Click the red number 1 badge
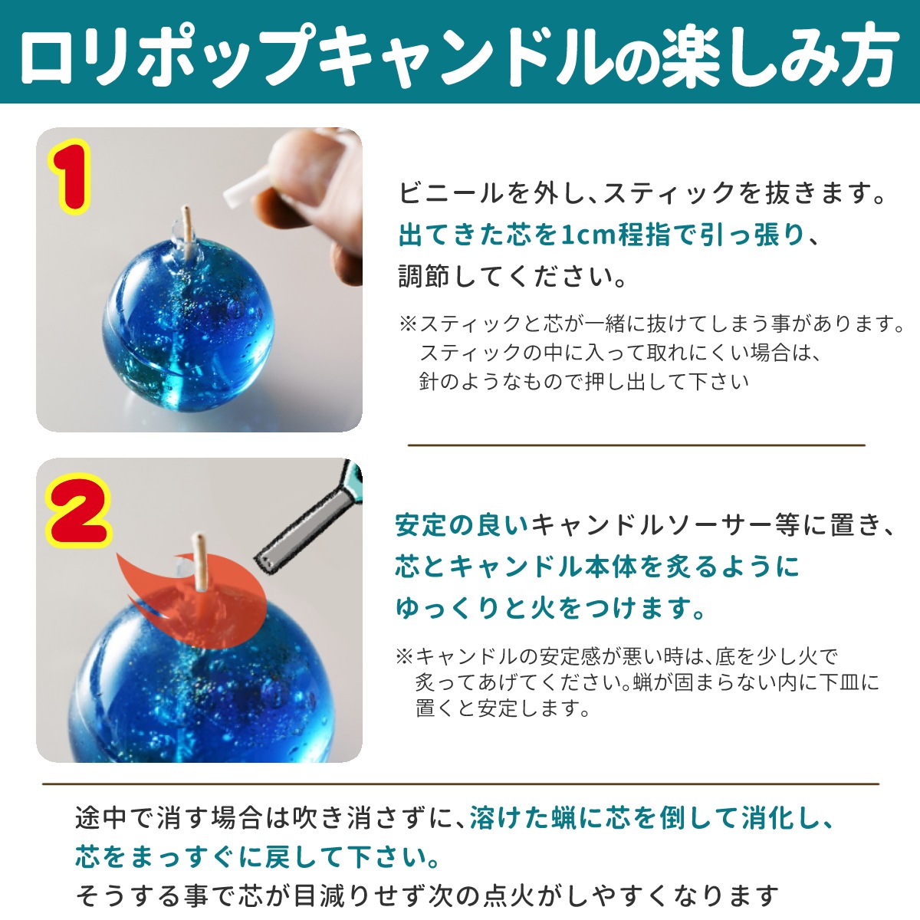70,176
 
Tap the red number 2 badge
78,510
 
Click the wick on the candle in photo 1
188,232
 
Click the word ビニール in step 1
451,193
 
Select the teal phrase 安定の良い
462,525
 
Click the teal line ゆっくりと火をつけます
550,608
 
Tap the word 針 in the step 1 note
429,382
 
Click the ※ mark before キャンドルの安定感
405,656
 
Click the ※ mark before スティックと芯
409,324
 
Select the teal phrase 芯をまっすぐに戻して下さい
258,857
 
